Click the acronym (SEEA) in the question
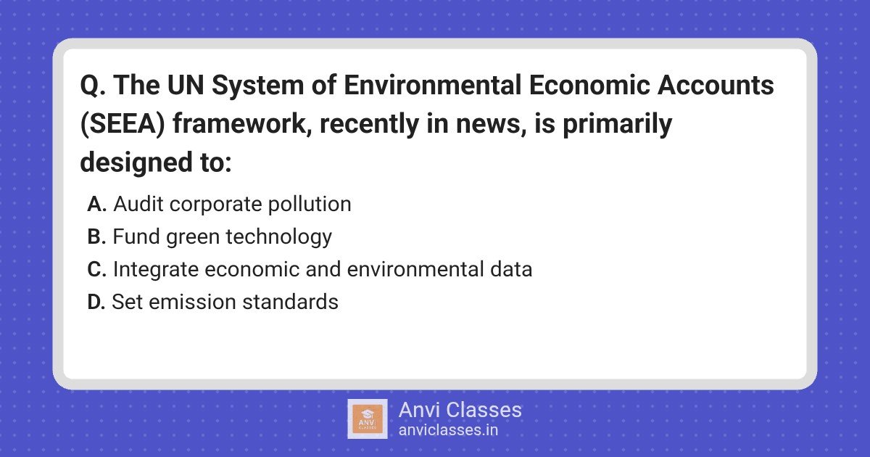tap(123, 123)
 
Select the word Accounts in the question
tap(716, 85)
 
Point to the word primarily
tap(617, 124)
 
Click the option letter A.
tap(96, 204)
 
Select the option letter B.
tap(96, 236)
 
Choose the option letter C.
tap(96, 269)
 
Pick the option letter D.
tap(96, 302)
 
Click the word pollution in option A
tap(310, 205)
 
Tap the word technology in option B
tap(279, 237)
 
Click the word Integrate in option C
tap(156, 270)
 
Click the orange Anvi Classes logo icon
tap(368, 419)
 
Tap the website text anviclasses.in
tap(448, 430)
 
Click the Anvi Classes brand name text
tap(460, 410)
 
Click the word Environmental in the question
tap(432, 85)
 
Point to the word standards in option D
tap(290, 302)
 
